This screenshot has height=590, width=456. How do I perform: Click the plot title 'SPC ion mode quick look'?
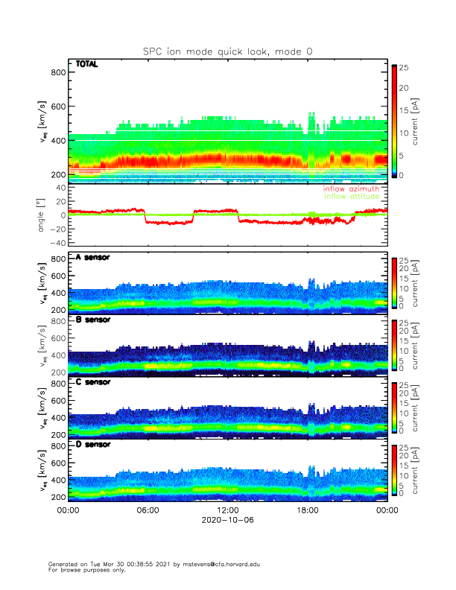tap(228, 51)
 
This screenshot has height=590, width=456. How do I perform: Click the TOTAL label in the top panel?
tap(87, 65)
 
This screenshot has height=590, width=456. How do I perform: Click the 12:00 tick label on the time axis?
tap(228, 510)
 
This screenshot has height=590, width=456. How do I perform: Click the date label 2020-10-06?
tap(228, 521)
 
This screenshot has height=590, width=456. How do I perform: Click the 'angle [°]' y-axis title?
tap(42, 215)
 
